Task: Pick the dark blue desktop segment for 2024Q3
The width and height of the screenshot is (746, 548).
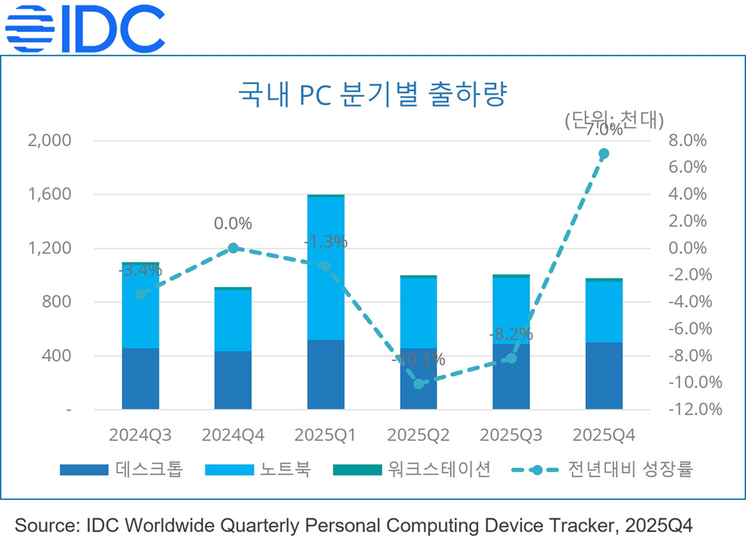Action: point(140,379)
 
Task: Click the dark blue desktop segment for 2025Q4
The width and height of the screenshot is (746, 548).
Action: point(604,375)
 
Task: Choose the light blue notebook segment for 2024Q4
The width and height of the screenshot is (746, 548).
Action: point(233,319)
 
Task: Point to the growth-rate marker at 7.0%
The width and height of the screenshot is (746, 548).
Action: point(604,153)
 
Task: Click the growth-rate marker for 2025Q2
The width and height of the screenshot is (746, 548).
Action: point(418,384)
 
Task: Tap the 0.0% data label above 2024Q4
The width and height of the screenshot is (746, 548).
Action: point(233,223)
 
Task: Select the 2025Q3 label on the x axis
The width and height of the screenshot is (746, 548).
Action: point(510,435)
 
